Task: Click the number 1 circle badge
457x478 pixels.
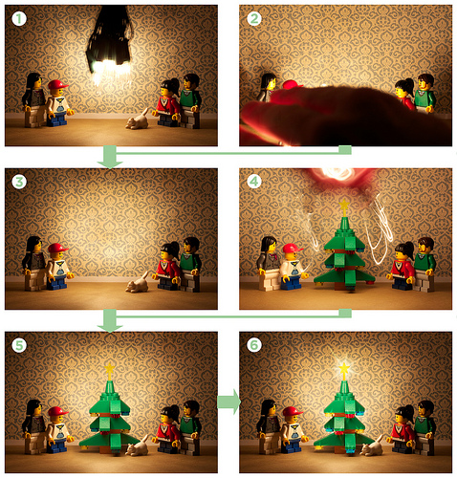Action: pos(19,19)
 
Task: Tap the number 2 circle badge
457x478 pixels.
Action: pos(254,19)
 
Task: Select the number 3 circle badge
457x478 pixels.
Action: pos(19,182)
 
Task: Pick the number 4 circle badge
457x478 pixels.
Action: pos(254,182)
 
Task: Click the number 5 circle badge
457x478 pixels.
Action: pos(19,345)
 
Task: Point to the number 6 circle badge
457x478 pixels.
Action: pos(254,345)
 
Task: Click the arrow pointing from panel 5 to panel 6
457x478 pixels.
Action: pos(228,402)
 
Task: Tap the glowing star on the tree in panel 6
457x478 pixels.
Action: pos(344,369)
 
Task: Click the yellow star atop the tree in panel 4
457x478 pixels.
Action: pos(344,205)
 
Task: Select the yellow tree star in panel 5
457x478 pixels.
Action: pos(110,369)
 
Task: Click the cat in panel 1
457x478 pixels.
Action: pos(138,120)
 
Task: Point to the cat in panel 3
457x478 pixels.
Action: pos(138,283)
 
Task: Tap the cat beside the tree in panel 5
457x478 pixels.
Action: pos(138,446)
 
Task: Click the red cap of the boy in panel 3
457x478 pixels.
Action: pos(58,248)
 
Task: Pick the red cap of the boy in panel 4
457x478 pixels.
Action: pos(293,248)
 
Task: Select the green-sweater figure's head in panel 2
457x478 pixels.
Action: pos(425,82)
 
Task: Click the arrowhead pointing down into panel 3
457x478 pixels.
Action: pos(110,164)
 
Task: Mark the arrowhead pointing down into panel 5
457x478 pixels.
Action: pos(110,328)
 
